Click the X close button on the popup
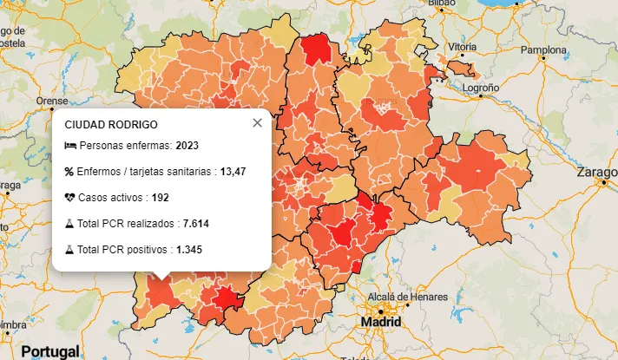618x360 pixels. point(257,123)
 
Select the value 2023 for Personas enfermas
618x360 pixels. point(187,146)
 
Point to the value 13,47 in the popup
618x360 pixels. point(233,172)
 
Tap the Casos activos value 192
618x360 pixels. point(160,198)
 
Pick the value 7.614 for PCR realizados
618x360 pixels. point(196,224)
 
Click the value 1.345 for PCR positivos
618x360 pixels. point(188,250)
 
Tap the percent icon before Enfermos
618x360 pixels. point(69,172)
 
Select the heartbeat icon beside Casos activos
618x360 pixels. point(70,198)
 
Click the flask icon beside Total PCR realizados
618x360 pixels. point(69,224)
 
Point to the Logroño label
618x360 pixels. point(480,88)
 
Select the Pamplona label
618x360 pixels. point(542,49)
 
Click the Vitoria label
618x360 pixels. point(461,46)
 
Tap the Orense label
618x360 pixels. point(51,101)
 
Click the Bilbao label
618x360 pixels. point(440,3)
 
